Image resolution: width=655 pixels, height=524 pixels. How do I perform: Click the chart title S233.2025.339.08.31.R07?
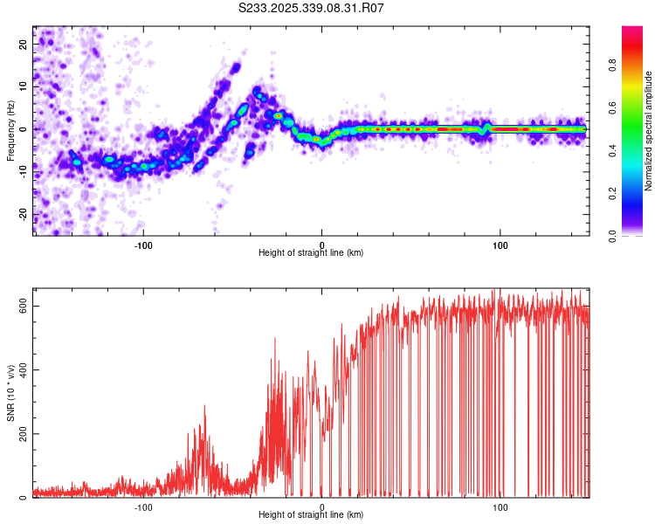[312, 9]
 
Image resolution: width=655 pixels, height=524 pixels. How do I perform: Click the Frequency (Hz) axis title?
[11, 130]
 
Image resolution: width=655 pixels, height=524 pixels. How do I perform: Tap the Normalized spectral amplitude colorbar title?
[649, 131]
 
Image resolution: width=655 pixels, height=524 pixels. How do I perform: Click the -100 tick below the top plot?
[143, 245]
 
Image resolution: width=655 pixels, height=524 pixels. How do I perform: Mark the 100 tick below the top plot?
[500, 245]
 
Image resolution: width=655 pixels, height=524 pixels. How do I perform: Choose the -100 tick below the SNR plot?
[143, 507]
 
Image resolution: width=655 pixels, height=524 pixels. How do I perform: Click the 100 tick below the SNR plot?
[500, 507]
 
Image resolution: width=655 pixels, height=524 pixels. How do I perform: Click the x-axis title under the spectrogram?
[311, 253]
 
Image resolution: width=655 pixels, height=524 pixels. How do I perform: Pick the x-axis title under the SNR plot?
[311, 516]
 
